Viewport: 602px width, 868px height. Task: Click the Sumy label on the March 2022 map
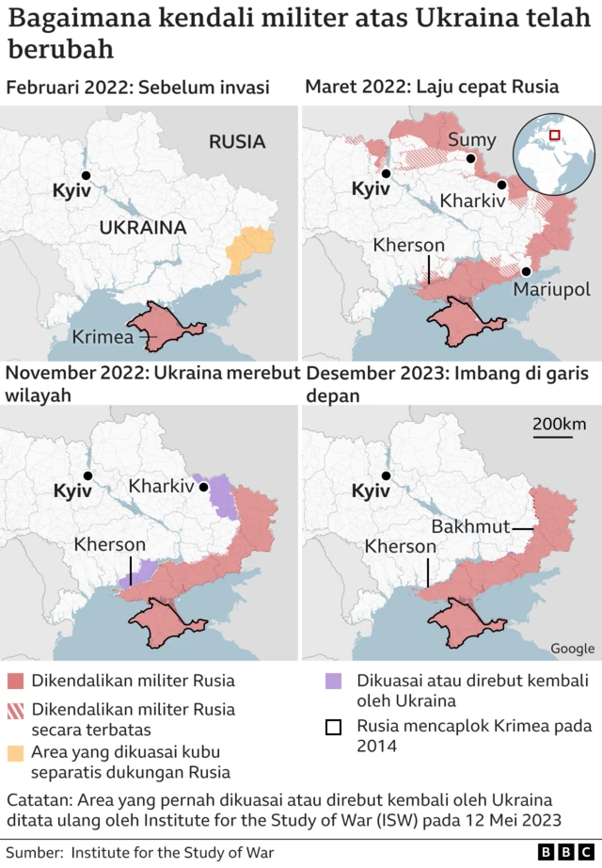pyautogui.click(x=471, y=141)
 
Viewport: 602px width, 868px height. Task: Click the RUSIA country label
pyautogui.click(x=237, y=142)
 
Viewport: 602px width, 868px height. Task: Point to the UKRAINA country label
pyautogui.click(x=143, y=228)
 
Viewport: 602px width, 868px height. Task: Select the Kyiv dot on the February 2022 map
pyautogui.click(x=86, y=175)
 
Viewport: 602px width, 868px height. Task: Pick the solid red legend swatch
pyautogui.click(x=15, y=680)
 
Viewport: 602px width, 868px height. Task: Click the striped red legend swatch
pyautogui.click(x=15, y=710)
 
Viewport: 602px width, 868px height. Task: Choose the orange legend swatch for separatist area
pyautogui.click(x=15, y=753)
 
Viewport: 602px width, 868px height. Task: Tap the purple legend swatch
pyautogui.click(x=333, y=680)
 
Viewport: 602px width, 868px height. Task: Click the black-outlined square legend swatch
pyautogui.click(x=333, y=727)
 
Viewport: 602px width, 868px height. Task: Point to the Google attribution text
pyautogui.click(x=572, y=648)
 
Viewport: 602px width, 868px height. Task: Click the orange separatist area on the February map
pyautogui.click(x=250, y=247)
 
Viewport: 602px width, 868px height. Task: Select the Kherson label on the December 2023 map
pyautogui.click(x=401, y=546)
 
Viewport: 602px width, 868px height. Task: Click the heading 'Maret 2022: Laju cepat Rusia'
pyautogui.click(x=432, y=88)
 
